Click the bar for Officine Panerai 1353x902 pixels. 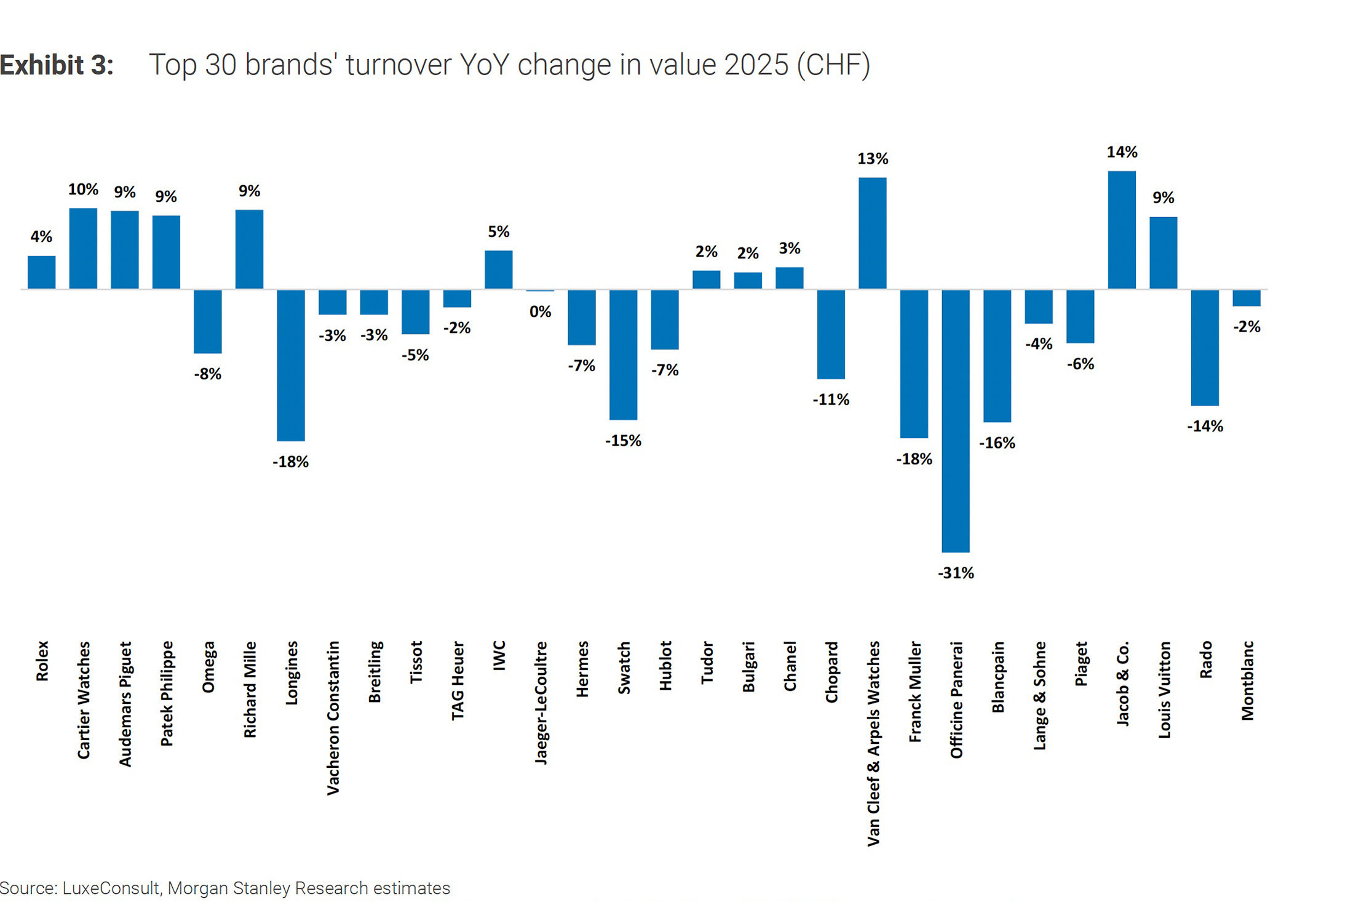pyautogui.click(x=955, y=421)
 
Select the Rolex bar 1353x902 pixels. pyautogui.click(x=42, y=272)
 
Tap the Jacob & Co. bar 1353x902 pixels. pyautogui.click(x=1122, y=230)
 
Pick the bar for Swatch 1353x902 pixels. pyautogui.click(x=623, y=354)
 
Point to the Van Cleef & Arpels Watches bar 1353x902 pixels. pyautogui.click(x=872, y=233)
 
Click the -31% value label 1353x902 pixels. pyautogui.click(x=955, y=573)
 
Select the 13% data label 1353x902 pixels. pyautogui.click(x=872, y=159)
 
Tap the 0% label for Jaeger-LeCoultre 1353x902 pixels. pyautogui.click(x=540, y=312)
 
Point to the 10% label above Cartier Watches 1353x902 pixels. pyautogui.click(x=83, y=190)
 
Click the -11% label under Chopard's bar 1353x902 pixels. pyautogui.click(x=831, y=400)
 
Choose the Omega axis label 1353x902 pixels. pyautogui.click(x=208, y=667)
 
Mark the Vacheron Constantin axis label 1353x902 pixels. pyautogui.click(x=333, y=718)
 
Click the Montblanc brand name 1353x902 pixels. pyautogui.click(x=1247, y=680)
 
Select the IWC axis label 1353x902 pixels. pyautogui.click(x=499, y=655)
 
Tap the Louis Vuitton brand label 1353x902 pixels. pyautogui.click(x=1164, y=690)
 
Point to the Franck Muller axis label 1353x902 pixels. pyautogui.click(x=915, y=692)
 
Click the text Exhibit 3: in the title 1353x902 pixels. pyautogui.click(x=57, y=65)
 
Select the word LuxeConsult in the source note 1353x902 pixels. pyautogui.click(x=111, y=888)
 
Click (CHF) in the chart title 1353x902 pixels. pyautogui.click(x=833, y=65)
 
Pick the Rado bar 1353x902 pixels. pyautogui.click(x=1205, y=348)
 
